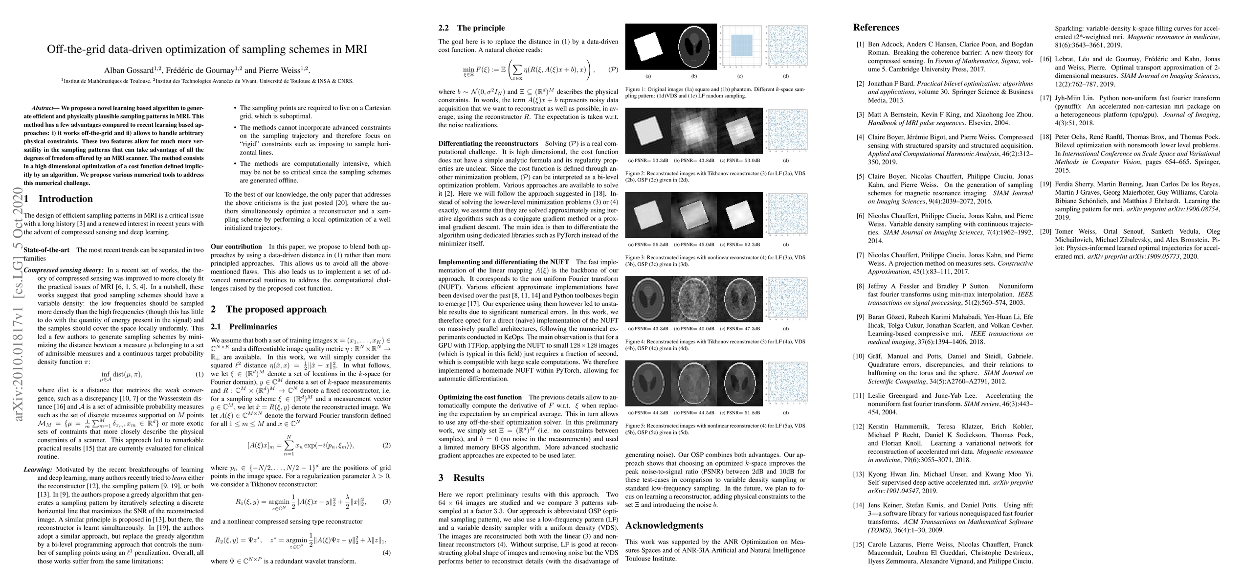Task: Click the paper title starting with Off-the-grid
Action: pos(206,49)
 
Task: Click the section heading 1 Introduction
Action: pos(58,199)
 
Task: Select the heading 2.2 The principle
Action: pos(471,28)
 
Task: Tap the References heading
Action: pos(876,27)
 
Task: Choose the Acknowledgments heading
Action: pos(664,525)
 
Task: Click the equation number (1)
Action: pos(199,374)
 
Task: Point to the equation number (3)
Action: pos(386,502)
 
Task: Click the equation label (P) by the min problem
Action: pos(612,70)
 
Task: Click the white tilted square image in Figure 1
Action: pos(648,47)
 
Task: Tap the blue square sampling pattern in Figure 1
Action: pos(739,47)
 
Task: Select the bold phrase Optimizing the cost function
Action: pos(480,397)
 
